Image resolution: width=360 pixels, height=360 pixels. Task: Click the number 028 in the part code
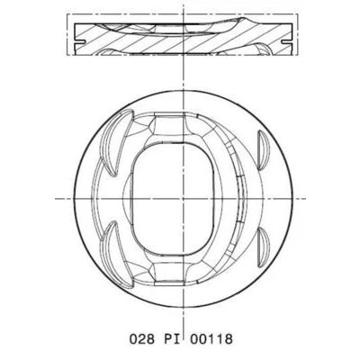click(x=142, y=339)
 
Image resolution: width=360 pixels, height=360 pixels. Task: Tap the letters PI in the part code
click(x=172, y=339)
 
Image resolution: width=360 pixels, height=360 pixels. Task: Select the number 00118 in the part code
click(x=211, y=339)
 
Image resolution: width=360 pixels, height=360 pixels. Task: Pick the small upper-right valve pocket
click(x=263, y=148)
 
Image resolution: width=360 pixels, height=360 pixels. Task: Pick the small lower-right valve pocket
click(x=263, y=247)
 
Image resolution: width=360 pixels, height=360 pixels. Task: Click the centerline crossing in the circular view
click(x=183, y=198)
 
